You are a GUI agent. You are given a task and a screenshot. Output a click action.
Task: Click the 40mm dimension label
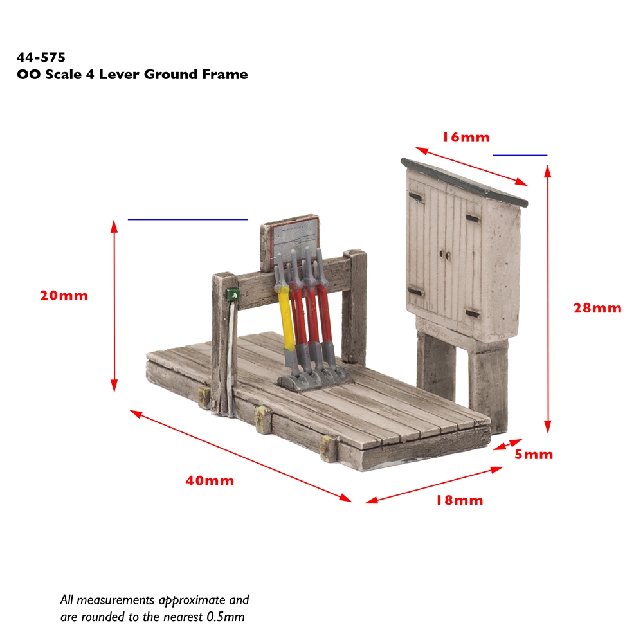click(210, 480)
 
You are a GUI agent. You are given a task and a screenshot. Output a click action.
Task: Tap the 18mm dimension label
click(458, 500)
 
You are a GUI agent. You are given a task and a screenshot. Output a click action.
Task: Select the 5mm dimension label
click(533, 455)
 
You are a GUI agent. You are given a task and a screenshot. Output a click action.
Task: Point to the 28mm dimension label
click(597, 308)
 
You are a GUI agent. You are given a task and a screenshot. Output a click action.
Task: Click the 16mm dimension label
click(466, 137)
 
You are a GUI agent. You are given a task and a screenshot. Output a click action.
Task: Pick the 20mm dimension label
click(63, 296)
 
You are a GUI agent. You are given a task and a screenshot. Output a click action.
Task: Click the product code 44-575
click(41, 57)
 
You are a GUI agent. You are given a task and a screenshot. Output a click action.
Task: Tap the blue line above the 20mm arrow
click(188, 219)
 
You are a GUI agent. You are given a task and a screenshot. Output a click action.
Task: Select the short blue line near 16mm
click(520, 155)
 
